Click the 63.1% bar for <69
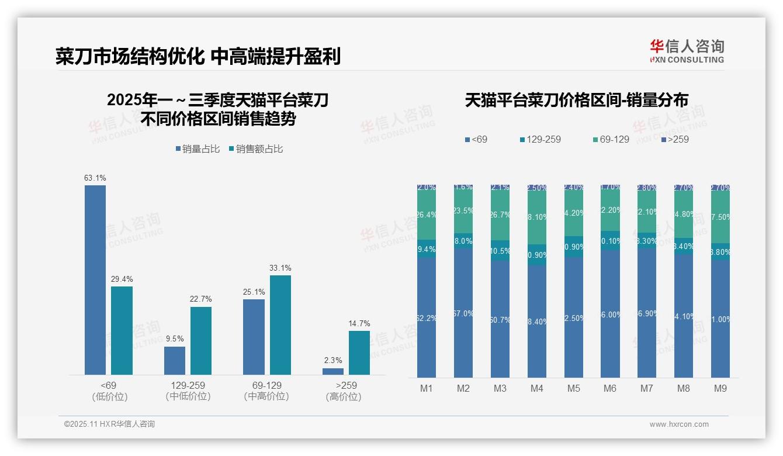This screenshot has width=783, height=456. (95, 280)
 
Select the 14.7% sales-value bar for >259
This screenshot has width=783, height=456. (359, 353)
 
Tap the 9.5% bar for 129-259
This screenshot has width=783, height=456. (175, 360)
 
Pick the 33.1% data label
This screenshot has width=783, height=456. (280, 268)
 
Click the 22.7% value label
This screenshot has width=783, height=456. (200, 299)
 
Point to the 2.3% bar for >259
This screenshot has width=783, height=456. (333, 371)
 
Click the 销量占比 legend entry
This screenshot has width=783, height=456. (198, 149)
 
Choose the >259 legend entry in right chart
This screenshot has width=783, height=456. (675, 139)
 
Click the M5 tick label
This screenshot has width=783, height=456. (573, 389)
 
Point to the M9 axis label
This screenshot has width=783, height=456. (720, 389)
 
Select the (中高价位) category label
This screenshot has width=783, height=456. (267, 396)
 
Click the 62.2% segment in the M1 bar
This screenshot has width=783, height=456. (427, 317)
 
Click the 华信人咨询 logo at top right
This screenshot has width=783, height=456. (687, 51)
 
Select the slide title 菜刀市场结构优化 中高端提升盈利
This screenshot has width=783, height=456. (198, 57)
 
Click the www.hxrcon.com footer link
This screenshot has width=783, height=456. (679, 424)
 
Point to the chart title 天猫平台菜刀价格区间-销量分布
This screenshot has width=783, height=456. (576, 100)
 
